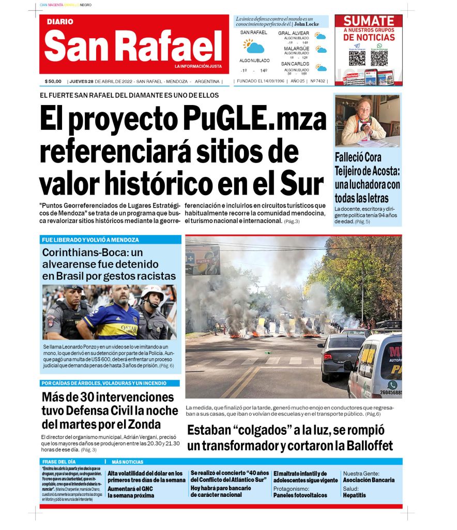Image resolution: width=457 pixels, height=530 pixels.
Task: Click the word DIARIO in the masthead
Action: point(60,22)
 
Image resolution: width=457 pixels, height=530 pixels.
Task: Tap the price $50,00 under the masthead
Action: point(53,81)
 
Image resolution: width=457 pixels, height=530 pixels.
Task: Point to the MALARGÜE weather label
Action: point(296,49)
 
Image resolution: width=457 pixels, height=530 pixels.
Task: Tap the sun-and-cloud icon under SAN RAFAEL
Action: point(254,47)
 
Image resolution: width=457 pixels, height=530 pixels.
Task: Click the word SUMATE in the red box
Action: point(369,21)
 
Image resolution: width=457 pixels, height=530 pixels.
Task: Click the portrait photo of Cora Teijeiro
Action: point(367,121)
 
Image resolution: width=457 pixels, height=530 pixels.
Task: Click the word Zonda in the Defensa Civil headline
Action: point(145,425)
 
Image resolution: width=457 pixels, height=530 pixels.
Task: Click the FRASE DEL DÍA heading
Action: point(59,462)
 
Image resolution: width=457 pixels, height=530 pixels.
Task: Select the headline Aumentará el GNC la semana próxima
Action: point(131,492)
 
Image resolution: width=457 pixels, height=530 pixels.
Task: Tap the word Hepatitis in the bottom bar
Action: point(354,495)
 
